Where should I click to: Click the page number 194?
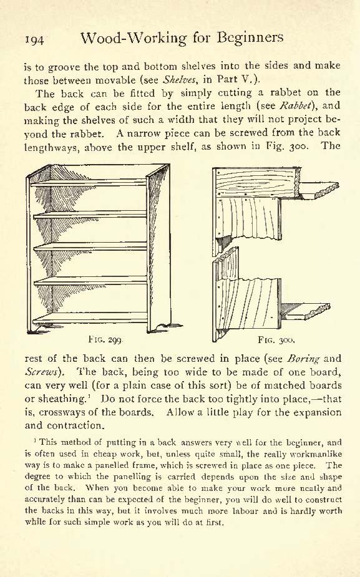[x=34, y=39]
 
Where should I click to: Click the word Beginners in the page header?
[x=250, y=38]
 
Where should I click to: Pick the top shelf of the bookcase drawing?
[x=89, y=182]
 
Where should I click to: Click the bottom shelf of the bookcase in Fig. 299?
[x=90, y=318]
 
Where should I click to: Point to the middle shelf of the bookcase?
[x=90, y=246]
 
